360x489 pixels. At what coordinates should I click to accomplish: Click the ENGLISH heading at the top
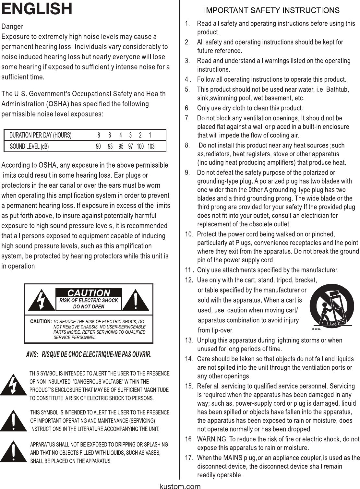37,9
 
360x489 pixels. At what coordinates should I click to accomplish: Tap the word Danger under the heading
12,26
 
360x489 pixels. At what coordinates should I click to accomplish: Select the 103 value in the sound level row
151,147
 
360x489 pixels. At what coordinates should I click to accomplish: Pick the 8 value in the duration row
99,135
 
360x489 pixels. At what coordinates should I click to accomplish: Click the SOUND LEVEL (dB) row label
29,147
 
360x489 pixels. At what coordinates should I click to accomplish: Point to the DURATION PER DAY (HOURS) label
40,135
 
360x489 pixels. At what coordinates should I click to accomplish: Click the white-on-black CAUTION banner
89,292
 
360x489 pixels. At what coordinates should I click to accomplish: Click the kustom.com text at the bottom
180,486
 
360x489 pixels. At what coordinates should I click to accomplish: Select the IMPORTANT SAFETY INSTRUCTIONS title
271,10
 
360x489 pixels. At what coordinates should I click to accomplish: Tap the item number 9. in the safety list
187,173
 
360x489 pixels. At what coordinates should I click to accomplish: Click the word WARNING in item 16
211,439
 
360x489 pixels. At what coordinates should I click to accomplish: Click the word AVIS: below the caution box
32,354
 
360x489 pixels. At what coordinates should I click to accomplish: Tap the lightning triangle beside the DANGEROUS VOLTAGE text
13,386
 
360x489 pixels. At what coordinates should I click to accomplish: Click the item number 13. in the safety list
189,340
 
